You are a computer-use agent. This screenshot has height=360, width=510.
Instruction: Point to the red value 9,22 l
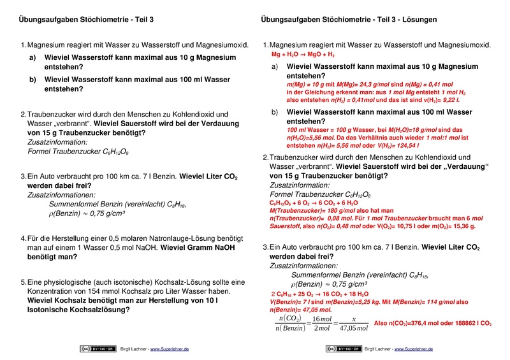(x=442, y=99)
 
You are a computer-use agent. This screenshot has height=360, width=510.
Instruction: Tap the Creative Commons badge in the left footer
(x=92, y=349)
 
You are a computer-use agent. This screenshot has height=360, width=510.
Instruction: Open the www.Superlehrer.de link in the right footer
(x=414, y=349)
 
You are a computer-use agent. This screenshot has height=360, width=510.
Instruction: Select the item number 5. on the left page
(x=24, y=282)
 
